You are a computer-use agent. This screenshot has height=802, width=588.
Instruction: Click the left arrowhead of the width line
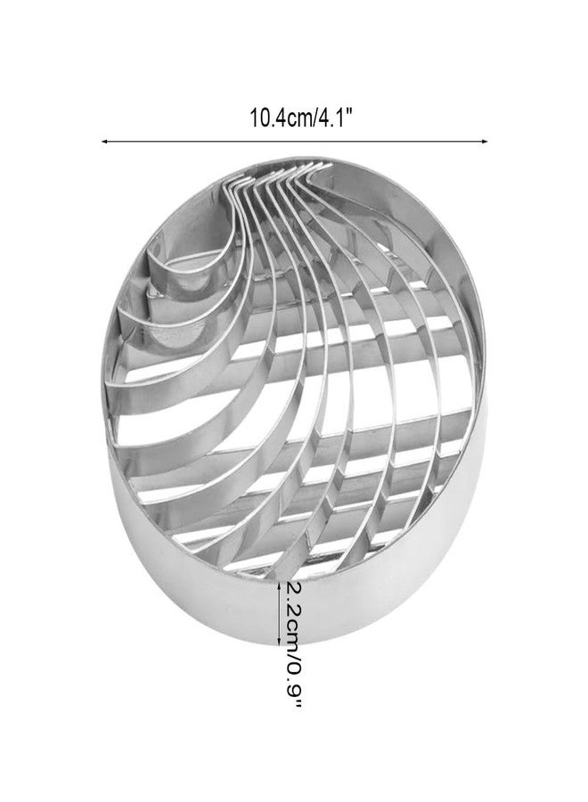coord(104,141)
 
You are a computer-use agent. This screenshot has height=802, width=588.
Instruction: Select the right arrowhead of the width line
coord(484,141)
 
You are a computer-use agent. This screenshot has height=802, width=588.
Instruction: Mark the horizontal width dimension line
coord(294,141)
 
